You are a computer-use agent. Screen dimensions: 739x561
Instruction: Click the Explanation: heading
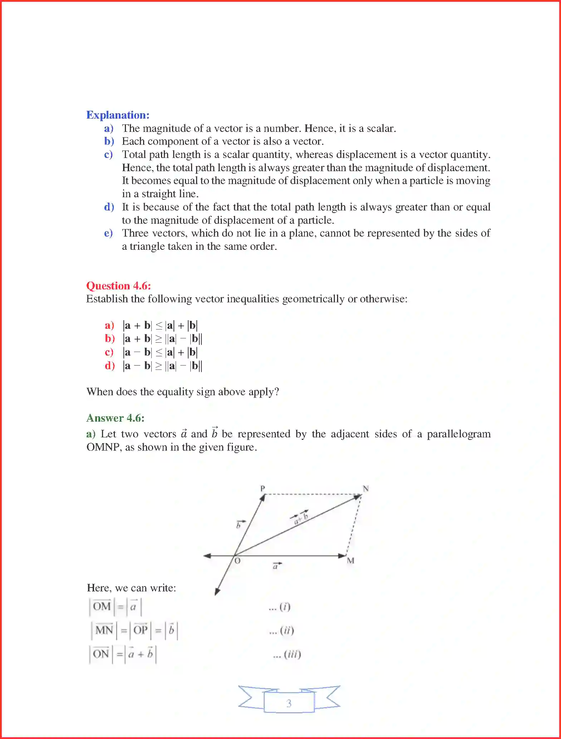coord(118,115)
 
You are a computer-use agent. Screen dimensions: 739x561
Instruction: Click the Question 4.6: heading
coord(118,286)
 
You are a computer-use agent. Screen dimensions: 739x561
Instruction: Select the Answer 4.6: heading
coord(115,418)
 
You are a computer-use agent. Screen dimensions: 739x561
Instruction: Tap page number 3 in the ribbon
coord(289,703)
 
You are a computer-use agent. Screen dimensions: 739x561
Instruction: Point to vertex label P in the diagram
coord(263,488)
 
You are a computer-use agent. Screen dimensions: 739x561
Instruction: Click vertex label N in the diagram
coord(366,488)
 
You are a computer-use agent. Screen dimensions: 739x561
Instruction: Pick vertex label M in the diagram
coord(351,561)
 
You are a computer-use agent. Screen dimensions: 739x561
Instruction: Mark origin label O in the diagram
coord(237,561)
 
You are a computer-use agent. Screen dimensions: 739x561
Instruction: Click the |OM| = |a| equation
coord(116,607)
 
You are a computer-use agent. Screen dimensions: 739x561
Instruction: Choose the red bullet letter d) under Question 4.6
coord(109,366)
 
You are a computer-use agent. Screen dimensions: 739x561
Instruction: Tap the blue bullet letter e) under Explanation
coord(108,233)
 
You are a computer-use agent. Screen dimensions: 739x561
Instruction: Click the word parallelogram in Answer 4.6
coord(459,434)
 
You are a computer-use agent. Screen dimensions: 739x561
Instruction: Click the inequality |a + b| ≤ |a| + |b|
coord(160,326)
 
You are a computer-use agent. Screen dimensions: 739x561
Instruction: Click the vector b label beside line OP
coord(239,525)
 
